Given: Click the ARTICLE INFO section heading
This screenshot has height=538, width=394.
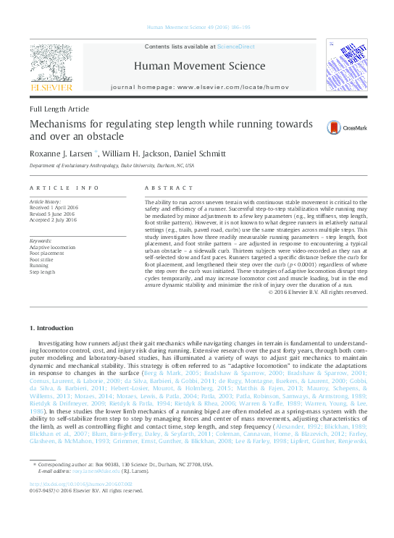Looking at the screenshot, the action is coord(64,188).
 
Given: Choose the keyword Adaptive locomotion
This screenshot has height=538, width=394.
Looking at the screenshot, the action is coord(52,247).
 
